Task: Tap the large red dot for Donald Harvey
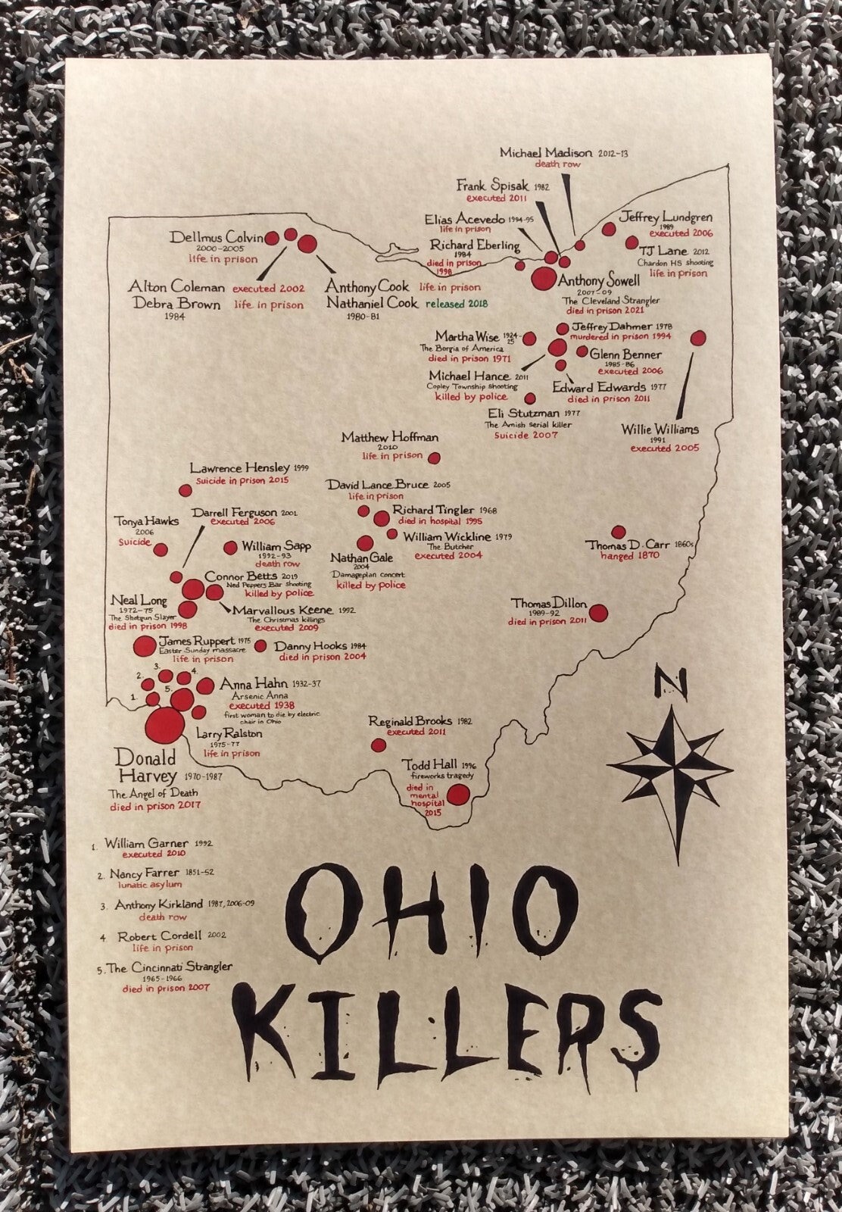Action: click(164, 726)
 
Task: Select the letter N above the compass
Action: click(671, 684)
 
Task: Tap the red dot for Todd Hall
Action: click(457, 795)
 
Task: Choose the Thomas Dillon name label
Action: click(549, 604)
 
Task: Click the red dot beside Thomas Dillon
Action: click(598, 612)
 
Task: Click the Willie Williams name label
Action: click(660, 430)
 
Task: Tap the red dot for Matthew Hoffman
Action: click(435, 458)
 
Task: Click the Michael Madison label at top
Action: click(546, 152)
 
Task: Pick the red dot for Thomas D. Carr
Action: click(619, 532)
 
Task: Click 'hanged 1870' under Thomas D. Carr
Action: click(629, 556)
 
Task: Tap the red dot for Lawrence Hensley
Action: click(185, 490)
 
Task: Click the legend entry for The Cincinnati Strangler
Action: click(169, 967)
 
